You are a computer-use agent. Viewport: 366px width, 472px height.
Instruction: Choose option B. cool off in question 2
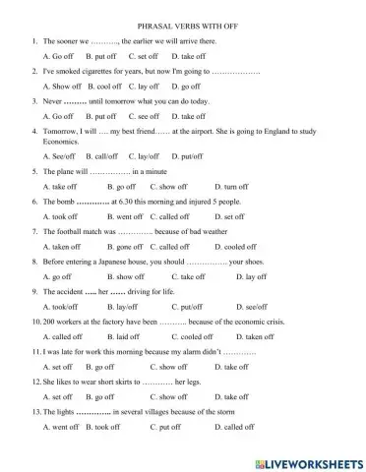pos(100,87)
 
